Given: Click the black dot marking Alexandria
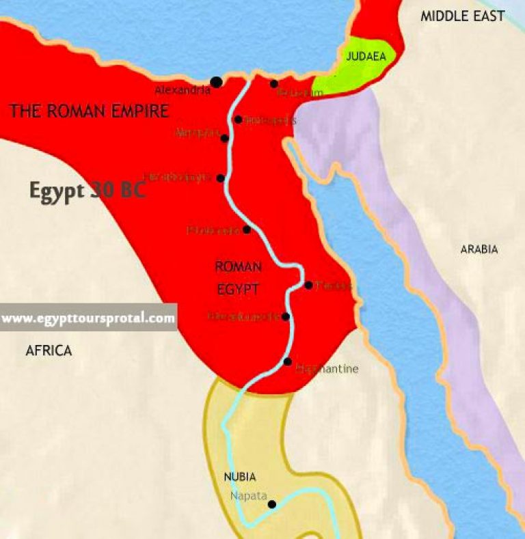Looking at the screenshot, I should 217,82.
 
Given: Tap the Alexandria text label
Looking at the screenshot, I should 183,90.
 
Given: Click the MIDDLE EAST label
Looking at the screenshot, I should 462,16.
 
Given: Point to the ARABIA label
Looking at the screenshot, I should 479,249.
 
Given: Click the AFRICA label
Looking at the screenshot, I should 49,350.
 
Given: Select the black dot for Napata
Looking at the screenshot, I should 272,505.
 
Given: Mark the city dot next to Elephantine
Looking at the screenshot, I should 288,361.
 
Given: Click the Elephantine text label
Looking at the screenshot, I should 327,369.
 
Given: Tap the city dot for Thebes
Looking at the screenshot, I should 309,285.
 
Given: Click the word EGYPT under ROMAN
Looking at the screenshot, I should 238,290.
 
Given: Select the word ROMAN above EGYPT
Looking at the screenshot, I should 238,266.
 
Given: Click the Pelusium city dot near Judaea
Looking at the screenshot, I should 273,84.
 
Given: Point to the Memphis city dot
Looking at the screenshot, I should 225,138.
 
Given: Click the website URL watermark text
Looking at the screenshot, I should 87,318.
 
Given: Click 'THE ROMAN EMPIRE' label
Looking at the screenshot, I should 88,111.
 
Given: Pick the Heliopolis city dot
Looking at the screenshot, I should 238,120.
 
